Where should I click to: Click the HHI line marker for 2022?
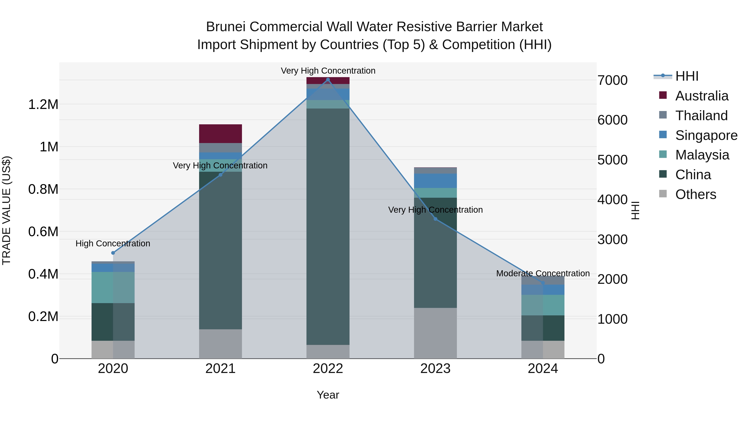point(328,80)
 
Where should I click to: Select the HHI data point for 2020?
point(113,253)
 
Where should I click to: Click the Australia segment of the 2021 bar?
point(220,134)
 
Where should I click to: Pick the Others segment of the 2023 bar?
point(435,333)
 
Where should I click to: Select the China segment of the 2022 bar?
point(328,227)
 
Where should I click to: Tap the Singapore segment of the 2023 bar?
point(435,181)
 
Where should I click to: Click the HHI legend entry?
point(687,76)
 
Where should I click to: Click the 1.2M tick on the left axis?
point(43,105)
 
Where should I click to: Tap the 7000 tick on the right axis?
point(612,80)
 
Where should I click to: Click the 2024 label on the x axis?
point(543,369)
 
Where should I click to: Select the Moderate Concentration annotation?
point(543,273)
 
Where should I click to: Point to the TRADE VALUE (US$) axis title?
point(6,210)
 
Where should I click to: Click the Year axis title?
point(328,395)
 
